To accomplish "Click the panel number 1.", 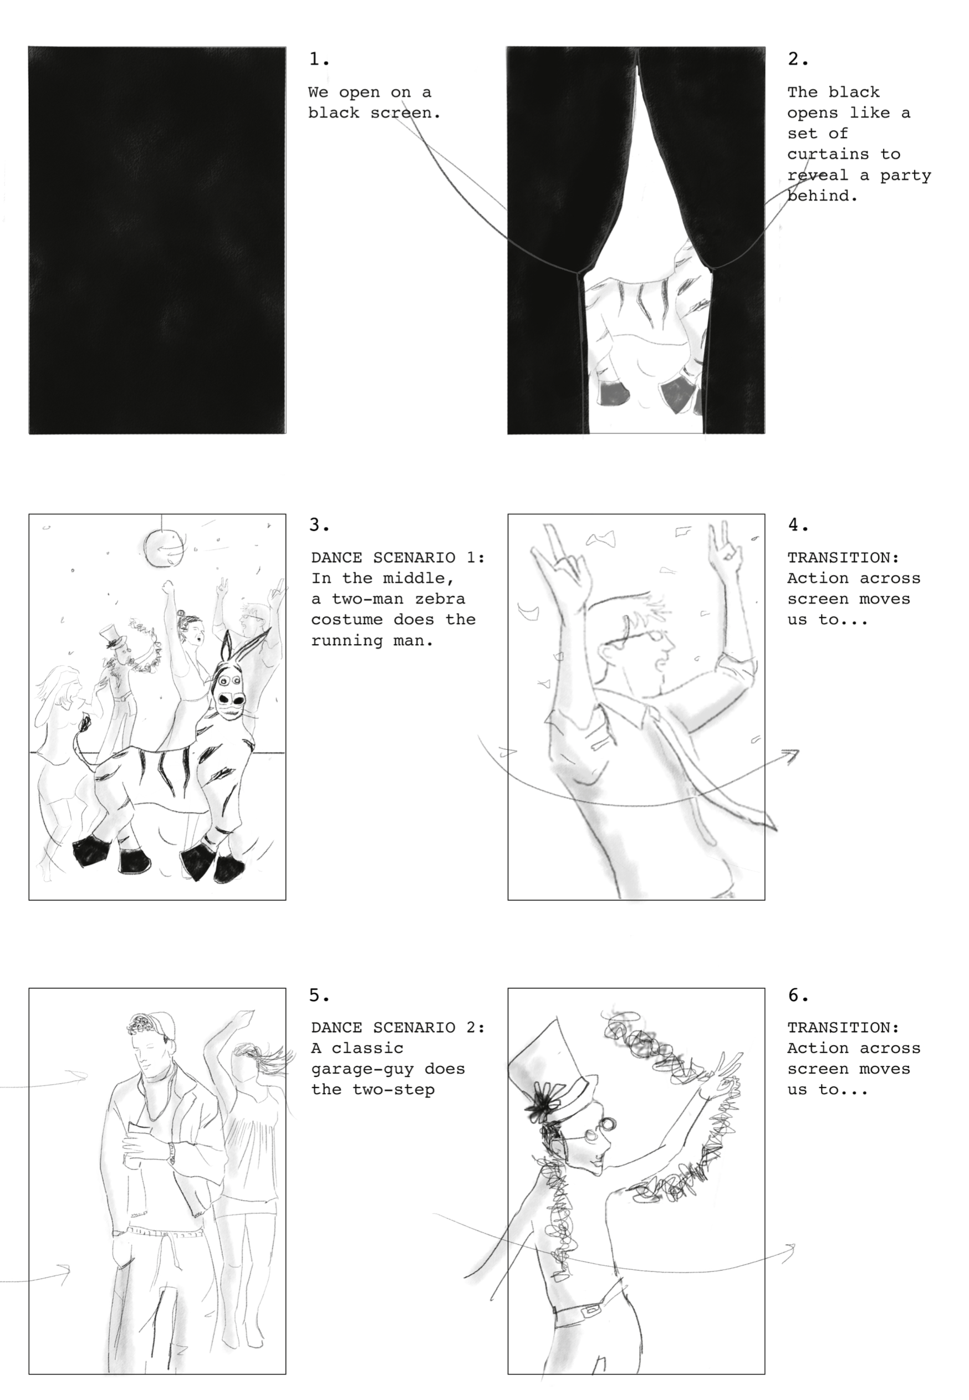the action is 319,59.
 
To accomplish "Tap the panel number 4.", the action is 798,524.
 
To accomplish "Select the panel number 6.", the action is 798,995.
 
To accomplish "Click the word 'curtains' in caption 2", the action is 828,154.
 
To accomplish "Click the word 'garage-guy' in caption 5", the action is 363,1069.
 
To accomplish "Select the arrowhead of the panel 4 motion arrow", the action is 790,755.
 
